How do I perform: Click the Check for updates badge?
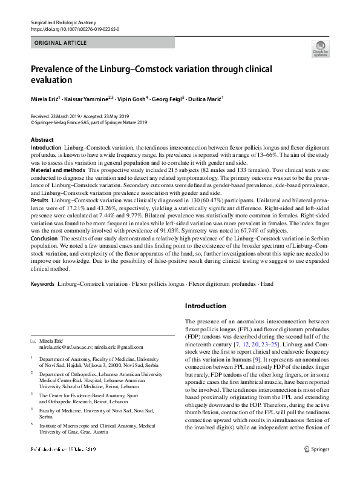[x=320, y=48]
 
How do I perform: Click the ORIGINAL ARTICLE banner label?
[x=61, y=43]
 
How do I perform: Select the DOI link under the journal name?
[x=74, y=29]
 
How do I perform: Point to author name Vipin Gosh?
[x=131, y=98]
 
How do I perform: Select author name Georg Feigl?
[x=170, y=98]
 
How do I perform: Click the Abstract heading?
[x=42, y=140]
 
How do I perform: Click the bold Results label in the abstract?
[x=40, y=200]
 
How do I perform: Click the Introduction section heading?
[x=206, y=306]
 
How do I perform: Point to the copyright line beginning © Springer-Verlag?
[x=89, y=122]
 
